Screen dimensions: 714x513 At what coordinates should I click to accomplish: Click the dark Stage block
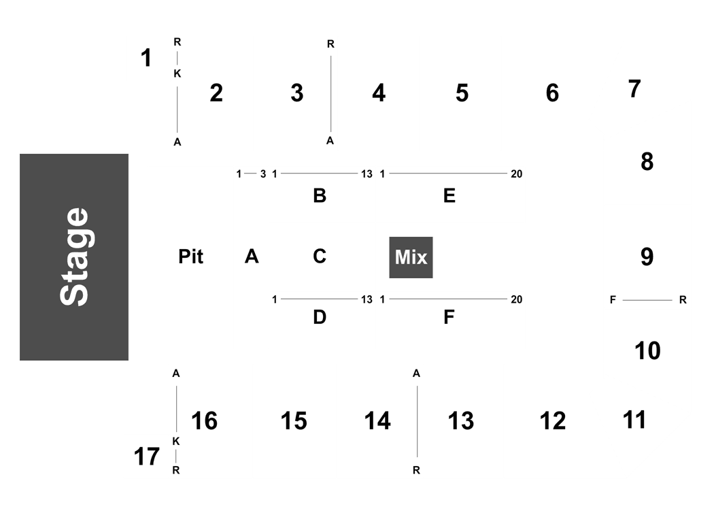(73, 257)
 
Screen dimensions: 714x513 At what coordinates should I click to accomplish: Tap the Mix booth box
(411, 257)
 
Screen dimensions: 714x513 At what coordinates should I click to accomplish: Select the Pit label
(191, 257)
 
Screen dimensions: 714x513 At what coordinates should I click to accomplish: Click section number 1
(146, 59)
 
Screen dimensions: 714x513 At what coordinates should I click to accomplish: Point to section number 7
(634, 89)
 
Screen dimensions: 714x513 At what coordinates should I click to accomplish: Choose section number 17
(147, 457)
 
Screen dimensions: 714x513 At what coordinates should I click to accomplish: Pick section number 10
(647, 351)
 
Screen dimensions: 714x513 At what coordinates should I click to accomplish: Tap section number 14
(377, 421)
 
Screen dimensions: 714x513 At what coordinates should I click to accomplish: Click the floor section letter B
(320, 196)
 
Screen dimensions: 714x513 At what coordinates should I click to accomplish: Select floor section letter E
(449, 196)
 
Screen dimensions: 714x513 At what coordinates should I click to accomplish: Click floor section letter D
(320, 317)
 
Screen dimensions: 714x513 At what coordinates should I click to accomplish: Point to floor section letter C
(320, 256)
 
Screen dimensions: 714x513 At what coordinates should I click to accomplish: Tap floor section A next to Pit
(252, 256)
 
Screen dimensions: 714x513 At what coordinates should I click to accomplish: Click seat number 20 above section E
(516, 174)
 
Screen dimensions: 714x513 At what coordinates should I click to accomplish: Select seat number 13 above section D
(367, 300)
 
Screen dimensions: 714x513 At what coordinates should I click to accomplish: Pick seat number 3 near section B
(263, 174)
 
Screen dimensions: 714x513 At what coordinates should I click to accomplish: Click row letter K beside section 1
(177, 73)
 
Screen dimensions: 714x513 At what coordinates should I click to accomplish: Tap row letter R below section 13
(416, 471)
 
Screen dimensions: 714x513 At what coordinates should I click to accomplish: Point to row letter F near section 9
(613, 300)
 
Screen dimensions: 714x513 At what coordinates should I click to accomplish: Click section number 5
(462, 93)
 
